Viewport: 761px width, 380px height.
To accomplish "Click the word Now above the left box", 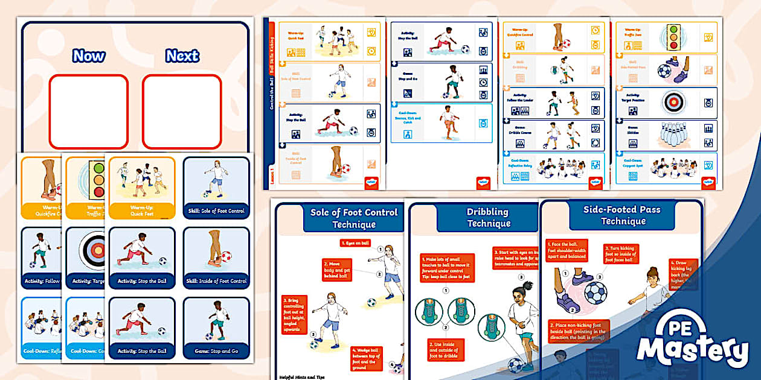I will click(x=88, y=56).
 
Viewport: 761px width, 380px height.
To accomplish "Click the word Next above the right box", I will click(x=182, y=56).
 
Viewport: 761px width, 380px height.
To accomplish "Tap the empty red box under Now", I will click(x=88, y=112).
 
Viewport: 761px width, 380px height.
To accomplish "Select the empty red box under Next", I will click(x=182, y=112).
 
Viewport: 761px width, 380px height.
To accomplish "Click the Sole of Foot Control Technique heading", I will click(x=353, y=218).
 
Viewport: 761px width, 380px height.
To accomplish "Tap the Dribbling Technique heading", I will click(x=488, y=218).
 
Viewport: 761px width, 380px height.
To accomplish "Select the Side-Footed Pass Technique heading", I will click(x=622, y=215).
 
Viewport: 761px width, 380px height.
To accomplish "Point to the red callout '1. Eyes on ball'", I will click(x=355, y=242).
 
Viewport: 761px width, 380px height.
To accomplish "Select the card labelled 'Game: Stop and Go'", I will click(x=216, y=329).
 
